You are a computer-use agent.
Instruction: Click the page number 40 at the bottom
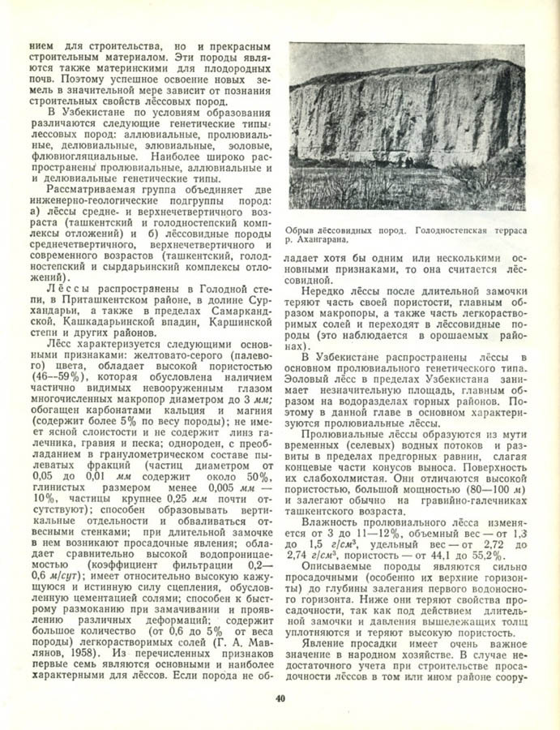(x=280, y=698)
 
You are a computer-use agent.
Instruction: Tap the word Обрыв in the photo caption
(x=301, y=230)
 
